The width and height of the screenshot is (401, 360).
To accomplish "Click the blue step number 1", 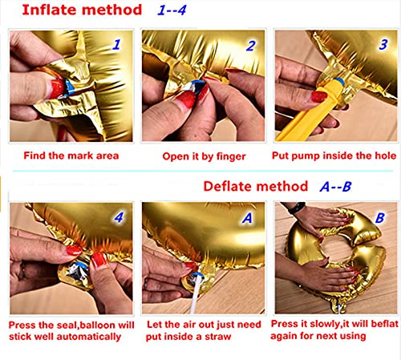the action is tap(116, 45).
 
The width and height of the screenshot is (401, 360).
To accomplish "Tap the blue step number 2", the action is tap(251, 46).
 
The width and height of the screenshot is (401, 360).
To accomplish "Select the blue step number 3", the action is tap(383, 44).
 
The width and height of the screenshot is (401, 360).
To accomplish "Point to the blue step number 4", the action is tap(119, 217).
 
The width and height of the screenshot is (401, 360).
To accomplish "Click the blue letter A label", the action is tap(247, 218).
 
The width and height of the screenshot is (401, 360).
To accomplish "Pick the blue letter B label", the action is tap(380, 217).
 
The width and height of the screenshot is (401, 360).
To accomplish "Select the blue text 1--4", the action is tap(172, 10).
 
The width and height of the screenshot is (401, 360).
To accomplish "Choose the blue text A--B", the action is tap(335, 187).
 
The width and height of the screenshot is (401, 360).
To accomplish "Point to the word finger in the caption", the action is tap(231, 156).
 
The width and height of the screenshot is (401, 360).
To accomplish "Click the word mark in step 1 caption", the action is tap(79, 156).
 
